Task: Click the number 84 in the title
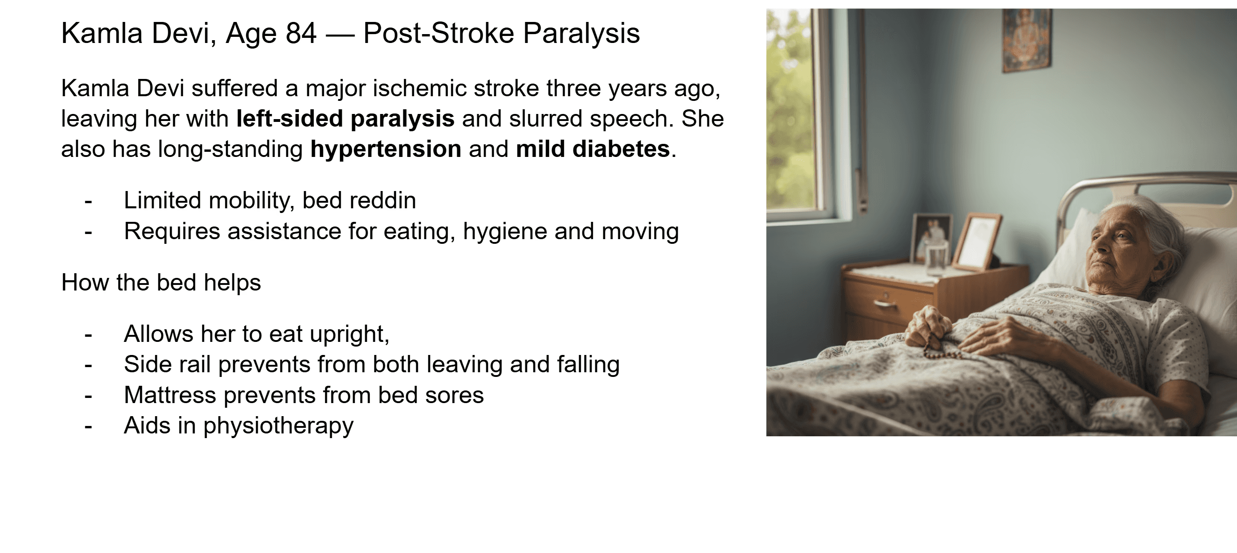pos(301,33)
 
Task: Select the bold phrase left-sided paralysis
pos(345,119)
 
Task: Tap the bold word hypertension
pos(386,149)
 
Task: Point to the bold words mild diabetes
pos(593,149)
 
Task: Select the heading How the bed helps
pos(161,283)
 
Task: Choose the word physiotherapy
pos(278,425)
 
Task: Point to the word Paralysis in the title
pos(581,33)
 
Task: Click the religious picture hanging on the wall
pos(1027,40)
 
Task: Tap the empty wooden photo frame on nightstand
pos(976,242)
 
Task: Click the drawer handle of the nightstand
pos(884,304)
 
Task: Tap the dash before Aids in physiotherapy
pos(88,426)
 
